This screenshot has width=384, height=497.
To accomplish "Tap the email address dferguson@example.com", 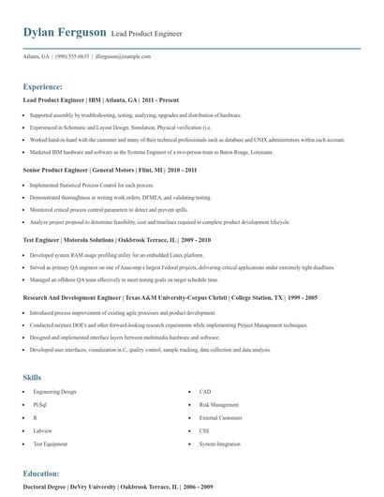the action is pyautogui.click(x=147, y=56).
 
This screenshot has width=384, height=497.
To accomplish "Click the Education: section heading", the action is pyautogui.click(x=41, y=474).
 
